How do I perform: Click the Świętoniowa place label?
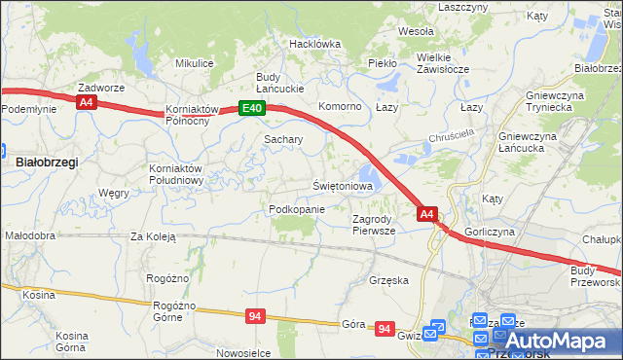pos(343,185)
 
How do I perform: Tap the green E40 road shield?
pos(251,108)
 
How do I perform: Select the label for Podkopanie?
pos(295,209)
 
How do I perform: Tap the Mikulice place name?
pos(194,63)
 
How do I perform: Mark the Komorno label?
pos(341,106)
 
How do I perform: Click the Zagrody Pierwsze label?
pos(374,225)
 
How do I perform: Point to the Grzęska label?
pos(388,280)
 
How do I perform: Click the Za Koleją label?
pos(153,236)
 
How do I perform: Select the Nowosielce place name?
pos(243,353)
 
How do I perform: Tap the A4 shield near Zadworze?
pos(88,101)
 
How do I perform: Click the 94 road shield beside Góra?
pos(385,330)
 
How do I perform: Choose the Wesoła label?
pos(416,31)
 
